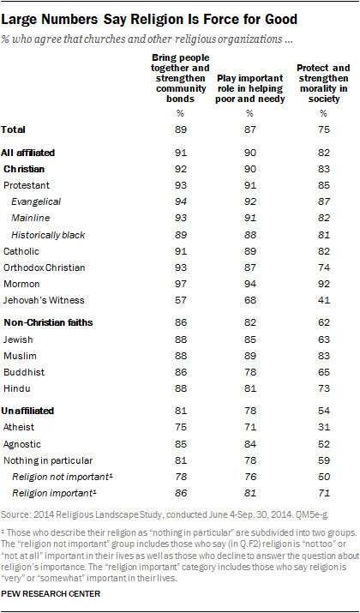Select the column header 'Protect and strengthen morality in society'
tap(323, 84)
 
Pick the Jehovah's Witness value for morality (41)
tap(323, 300)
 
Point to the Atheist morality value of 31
tap(323, 428)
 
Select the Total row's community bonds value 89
tap(181, 129)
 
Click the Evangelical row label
tap(36, 201)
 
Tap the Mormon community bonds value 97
tap(181, 284)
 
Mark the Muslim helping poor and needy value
tap(249, 356)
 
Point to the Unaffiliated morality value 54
tap(323, 412)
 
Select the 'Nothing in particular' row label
tap(48, 460)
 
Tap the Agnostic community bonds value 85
tap(181, 444)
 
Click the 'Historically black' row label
tap(48, 235)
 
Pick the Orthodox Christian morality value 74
tap(323, 267)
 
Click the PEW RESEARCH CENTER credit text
tap(51, 594)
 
